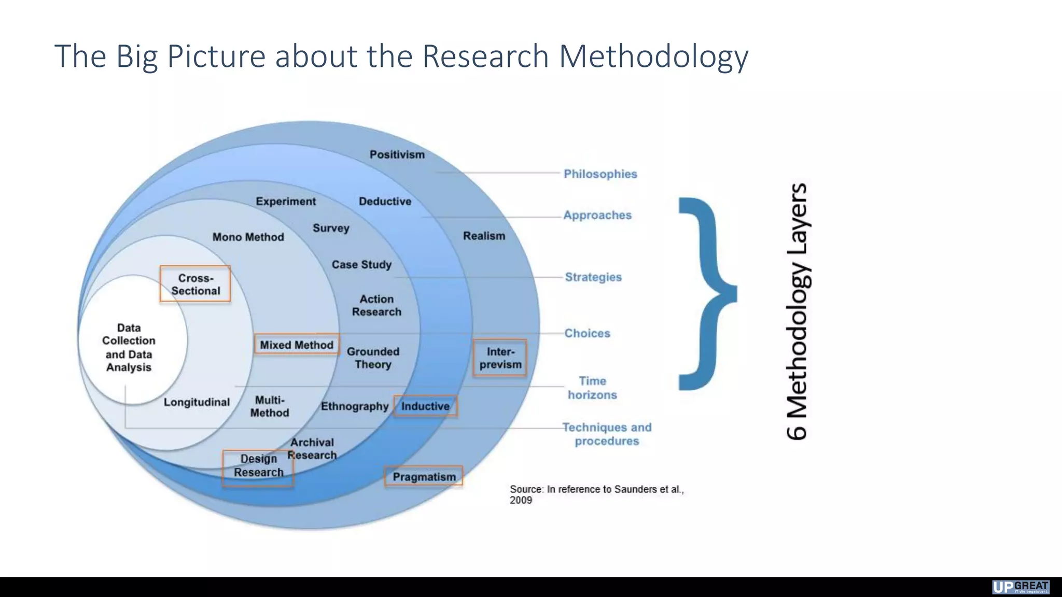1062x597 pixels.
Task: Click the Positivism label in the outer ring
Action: pos(397,154)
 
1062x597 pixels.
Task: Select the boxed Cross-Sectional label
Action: pos(195,285)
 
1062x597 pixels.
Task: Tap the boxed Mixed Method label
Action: pos(297,345)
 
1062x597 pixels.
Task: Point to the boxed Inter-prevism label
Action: pos(500,358)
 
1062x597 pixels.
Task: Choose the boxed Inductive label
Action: pos(425,406)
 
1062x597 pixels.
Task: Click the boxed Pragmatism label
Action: pos(424,477)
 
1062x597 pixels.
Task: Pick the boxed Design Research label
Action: pos(258,466)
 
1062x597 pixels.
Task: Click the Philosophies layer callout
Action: pos(600,174)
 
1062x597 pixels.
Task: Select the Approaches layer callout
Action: pos(597,215)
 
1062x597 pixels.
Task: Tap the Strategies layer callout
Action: pos(593,277)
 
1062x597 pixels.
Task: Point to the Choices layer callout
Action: pos(587,333)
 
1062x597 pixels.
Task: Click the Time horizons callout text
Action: pos(592,388)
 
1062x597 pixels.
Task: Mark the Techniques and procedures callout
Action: pos(607,434)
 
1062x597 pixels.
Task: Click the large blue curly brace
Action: pos(706,293)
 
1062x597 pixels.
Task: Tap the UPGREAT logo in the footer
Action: pos(1021,587)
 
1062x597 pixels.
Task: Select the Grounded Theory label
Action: pos(373,358)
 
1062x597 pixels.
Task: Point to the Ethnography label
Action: pos(354,406)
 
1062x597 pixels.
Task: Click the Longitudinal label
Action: pos(197,402)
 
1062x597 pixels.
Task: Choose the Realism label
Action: pos(484,236)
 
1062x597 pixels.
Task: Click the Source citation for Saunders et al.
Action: pos(596,494)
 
